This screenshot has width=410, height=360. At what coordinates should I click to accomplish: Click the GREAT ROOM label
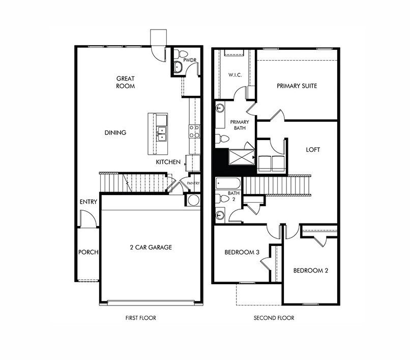click(126, 82)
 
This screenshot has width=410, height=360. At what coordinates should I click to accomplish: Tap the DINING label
click(115, 132)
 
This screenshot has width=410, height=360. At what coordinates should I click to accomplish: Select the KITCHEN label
click(168, 162)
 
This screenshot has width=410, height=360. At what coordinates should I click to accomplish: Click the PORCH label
click(88, 252)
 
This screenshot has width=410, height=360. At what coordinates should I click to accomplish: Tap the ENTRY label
click(89, 202)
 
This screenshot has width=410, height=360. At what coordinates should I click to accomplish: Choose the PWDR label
click(190, 60)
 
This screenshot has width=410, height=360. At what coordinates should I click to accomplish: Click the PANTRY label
click(193, 183)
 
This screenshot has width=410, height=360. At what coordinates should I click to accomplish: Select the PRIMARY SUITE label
click(297, 86)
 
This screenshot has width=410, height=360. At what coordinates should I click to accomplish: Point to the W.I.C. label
click(235, 75)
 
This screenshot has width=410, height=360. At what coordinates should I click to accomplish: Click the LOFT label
click(313, 150)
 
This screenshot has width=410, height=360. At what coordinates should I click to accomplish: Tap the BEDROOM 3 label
click(242, 252)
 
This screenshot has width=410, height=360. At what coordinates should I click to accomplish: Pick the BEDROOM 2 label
click(310, 270)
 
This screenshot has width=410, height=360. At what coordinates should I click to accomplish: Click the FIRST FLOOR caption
click(140, 318)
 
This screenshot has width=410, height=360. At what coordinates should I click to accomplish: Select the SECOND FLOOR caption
click(274, 318)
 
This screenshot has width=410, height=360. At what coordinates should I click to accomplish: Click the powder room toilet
click(182, 54)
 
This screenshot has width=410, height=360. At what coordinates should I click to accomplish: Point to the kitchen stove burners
click(194, 131)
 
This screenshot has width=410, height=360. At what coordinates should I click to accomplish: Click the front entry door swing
click(87, 219)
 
